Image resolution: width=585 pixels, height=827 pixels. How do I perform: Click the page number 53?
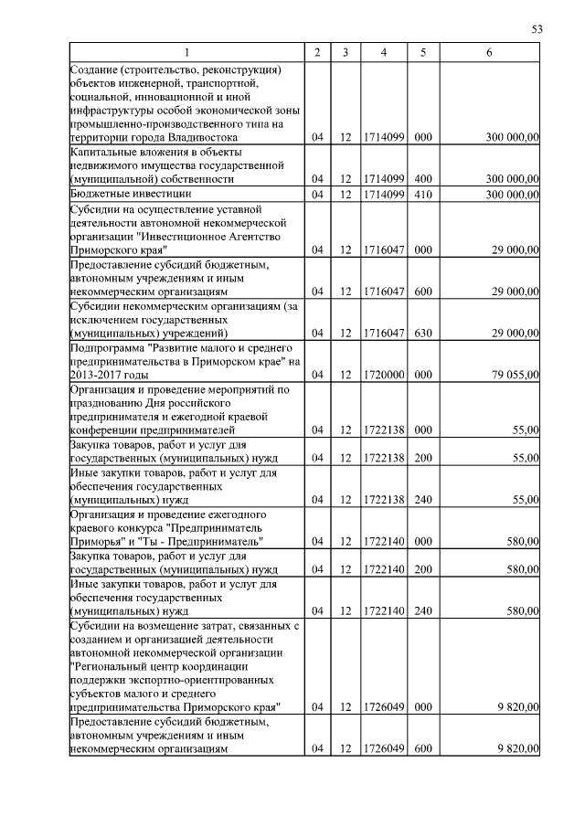click(x=537, y=29)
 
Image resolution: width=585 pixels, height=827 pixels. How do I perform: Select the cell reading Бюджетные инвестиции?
click(x=131, y=194)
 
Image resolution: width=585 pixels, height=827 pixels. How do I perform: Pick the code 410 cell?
click(x=422, y=194)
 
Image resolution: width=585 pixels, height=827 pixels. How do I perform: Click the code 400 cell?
click(x=422, y=179)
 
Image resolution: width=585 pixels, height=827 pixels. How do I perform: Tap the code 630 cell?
click(x=422, y=334)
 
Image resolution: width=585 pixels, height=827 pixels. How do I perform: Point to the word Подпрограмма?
click(x=106, y=347)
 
